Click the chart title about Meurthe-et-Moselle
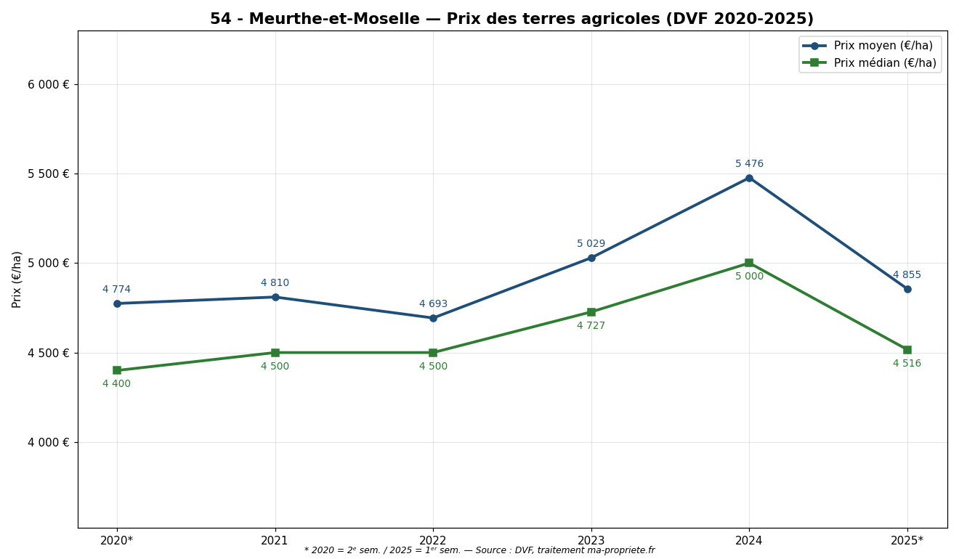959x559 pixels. click(x=511, y=20)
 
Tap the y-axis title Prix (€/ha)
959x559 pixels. click(x=17, y=279)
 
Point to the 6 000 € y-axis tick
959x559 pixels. click(x=49, y=84)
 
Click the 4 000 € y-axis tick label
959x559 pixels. click(x=49, y=442)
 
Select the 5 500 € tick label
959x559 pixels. click(x=49, y=174)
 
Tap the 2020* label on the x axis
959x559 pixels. click(x=117, y=541)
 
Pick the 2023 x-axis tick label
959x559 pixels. click(x=591, y=541)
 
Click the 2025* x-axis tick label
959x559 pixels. click(x=907, y=541)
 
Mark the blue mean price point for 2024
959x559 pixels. click(x=749, y=178)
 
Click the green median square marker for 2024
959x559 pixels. click(x=749, y=263)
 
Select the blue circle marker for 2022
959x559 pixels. click(x=433, y=318)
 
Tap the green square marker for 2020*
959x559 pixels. click(x=117, y=370)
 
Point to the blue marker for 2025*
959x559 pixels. click(x=907, y=289)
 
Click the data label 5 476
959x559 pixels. click(x=749, y=164)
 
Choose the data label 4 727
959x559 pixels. click(x=591, y=326)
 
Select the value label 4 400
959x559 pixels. click(x=116, y=384)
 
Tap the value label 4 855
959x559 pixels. click(x=907, y=275)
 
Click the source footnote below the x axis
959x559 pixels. click(x=479, y=551)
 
